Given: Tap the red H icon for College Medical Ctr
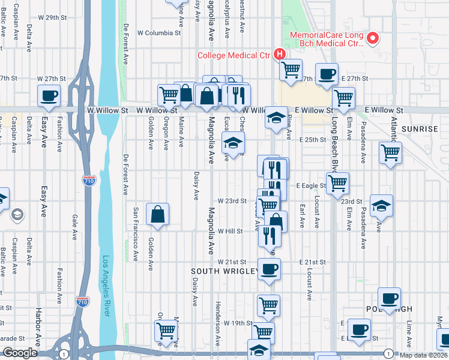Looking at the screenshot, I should [279, 55].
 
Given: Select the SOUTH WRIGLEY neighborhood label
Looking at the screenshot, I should [224, 271].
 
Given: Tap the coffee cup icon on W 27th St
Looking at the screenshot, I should [49, 95].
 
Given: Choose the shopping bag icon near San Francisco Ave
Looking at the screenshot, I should [157, 214].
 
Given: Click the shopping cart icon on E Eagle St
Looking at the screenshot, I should [338, 182].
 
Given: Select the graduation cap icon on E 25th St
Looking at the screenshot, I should [233, 143].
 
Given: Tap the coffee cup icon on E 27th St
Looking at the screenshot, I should [327, 74].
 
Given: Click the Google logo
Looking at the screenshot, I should [20, 353].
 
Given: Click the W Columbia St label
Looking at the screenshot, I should [159, 33].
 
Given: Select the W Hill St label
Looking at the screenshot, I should [230, 231].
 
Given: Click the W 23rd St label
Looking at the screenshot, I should [232, 201].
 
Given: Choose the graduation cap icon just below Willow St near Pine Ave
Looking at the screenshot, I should [277, 116].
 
